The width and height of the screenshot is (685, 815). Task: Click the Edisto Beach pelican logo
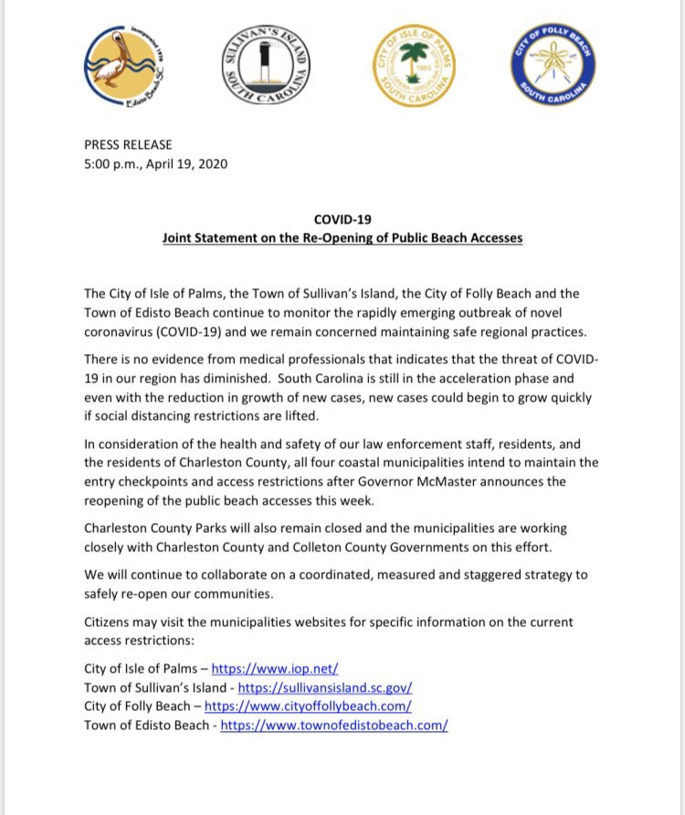tap(125, 68)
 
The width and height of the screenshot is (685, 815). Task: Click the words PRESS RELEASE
tap(128, 144)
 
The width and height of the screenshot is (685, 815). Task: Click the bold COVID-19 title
tap(342, 220)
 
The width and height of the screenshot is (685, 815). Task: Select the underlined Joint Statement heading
tap(342, 238)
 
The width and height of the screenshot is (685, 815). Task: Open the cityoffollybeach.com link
tap(308, 706)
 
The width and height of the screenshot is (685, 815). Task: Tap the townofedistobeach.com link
tap(334, 726)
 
